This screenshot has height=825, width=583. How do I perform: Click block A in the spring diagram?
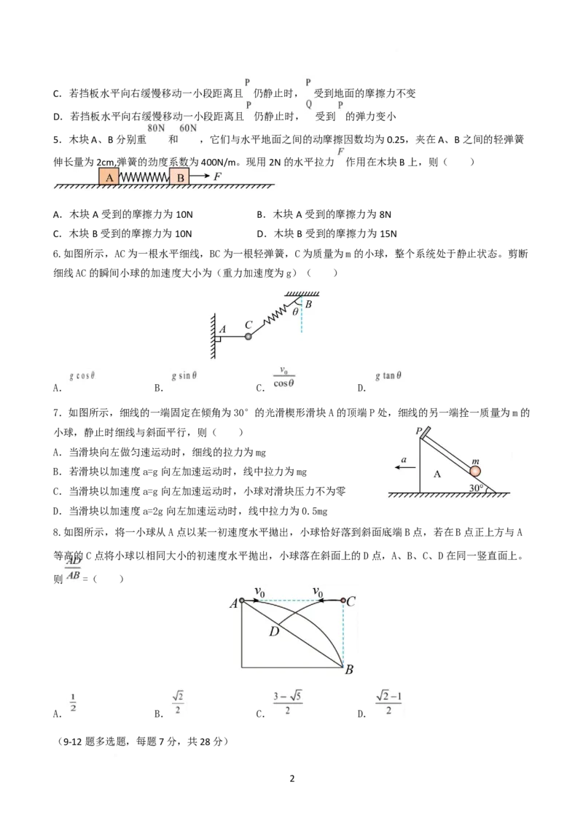109,177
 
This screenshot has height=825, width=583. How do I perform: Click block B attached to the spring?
179,177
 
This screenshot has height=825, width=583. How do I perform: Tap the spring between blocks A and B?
144,177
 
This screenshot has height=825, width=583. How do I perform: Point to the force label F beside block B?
217,176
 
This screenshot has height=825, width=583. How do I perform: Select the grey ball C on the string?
249,336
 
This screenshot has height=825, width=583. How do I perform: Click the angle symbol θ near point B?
295,311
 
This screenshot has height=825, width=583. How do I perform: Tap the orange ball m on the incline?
475,472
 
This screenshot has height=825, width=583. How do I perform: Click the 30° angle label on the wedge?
476,488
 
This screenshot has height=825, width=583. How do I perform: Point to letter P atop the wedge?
419,431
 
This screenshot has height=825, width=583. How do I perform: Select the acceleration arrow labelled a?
405,466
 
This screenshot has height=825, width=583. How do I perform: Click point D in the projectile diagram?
273,631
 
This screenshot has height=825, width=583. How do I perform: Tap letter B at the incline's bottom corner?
349,670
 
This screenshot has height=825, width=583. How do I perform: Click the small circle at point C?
343,601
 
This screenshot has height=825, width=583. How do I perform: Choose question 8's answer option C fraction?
287,703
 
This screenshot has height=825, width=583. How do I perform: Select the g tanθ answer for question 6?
388,375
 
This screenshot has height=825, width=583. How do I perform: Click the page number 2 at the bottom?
292,778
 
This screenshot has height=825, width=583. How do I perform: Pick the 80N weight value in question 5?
156,128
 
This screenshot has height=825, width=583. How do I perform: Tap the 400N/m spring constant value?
219,162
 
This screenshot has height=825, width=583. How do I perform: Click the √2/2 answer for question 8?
178,703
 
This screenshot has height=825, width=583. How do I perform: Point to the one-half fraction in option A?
73,703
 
